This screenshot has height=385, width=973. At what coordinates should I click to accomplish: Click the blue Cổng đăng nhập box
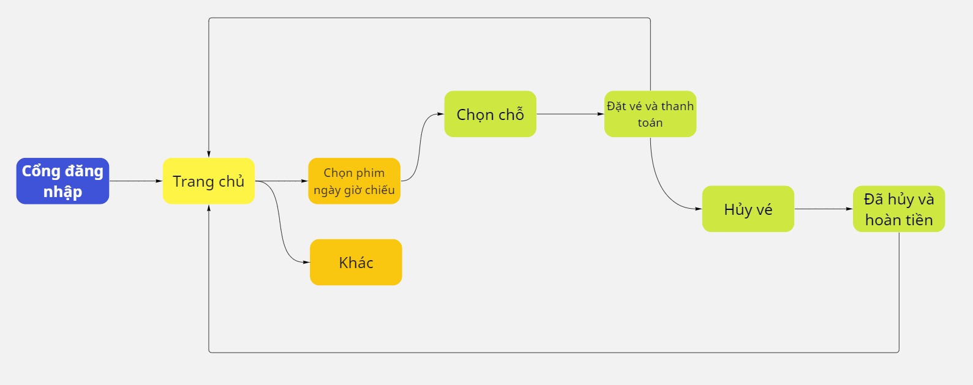point(62,181)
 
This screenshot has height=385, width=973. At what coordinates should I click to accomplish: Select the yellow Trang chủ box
point(208,181)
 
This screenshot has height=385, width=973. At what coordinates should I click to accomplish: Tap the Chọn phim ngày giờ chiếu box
point(354,181)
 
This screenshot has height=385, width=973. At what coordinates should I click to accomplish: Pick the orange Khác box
point(356,262)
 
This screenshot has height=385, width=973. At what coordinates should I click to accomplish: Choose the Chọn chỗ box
point(490,114)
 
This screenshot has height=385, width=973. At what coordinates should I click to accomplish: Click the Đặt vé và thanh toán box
point(650,114)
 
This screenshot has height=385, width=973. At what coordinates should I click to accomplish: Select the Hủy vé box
point(748,209)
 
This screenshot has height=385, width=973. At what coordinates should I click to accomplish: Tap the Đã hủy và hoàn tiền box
point(899,209)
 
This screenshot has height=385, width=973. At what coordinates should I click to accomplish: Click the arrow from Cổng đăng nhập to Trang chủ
point(136,181)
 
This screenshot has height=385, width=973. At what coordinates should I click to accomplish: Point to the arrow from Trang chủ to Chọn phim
point(282,181)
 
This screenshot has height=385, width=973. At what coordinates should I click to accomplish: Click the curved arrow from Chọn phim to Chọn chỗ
point(420,148)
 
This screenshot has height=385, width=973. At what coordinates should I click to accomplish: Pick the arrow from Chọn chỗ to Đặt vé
point(570,114)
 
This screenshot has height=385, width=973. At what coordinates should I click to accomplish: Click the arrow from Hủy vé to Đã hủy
point(824,209)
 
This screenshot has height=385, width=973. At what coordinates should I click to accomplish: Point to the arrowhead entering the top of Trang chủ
point(208,154)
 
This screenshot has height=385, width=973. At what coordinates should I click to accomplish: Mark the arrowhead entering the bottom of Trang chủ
point(208,207)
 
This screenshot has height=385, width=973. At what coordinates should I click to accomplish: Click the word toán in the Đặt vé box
point(650,123)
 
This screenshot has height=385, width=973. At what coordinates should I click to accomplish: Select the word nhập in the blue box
point(62,192)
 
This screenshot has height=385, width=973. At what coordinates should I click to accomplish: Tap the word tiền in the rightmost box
point(917,220)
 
